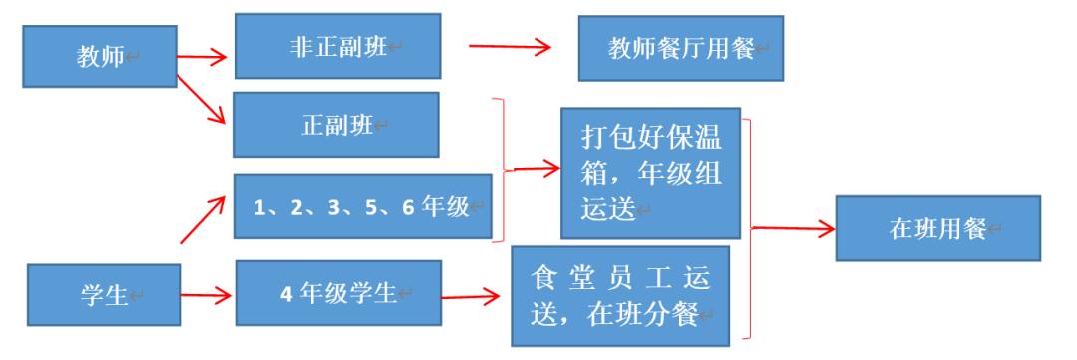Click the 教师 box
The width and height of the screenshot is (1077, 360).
(x=99, y=55)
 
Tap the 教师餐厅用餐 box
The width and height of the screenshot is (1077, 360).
(x=680, y=47)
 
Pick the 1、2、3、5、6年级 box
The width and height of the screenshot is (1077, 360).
(x=364, y=206)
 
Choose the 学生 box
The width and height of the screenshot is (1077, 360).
(x=104, y=295)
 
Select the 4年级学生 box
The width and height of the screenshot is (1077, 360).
(x=339, y=293)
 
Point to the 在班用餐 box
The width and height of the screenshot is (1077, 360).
(x=936, y=228)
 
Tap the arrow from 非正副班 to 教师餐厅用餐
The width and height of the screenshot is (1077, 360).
(x=510, y=46)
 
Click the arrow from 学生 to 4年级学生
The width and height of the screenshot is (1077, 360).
(x=207, y=294)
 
